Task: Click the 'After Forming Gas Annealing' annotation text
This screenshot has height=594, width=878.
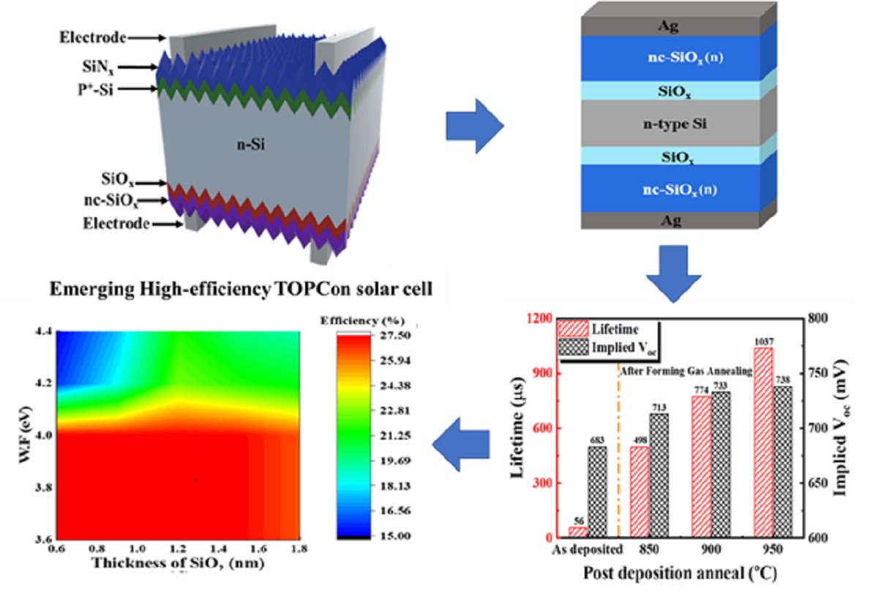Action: pos(686,372)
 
